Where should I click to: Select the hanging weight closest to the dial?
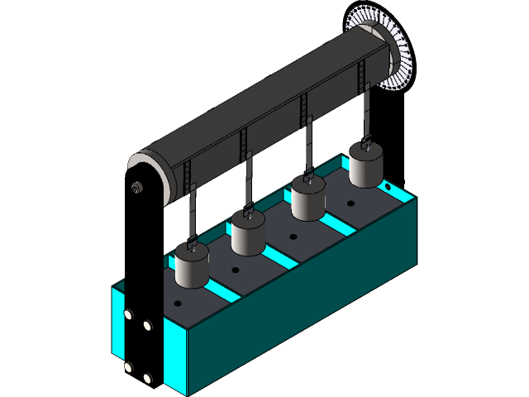click(365, 166)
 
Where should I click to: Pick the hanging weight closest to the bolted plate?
click(193, 267)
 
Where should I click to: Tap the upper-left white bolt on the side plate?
click(128, 315)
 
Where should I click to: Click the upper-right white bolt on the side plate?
click(148, 326)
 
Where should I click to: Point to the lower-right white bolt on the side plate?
click(148, 379)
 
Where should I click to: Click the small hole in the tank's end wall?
click(384, 187)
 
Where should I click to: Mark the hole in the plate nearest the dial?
click(352, 201)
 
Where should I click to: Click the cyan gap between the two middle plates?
click(279, 254)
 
